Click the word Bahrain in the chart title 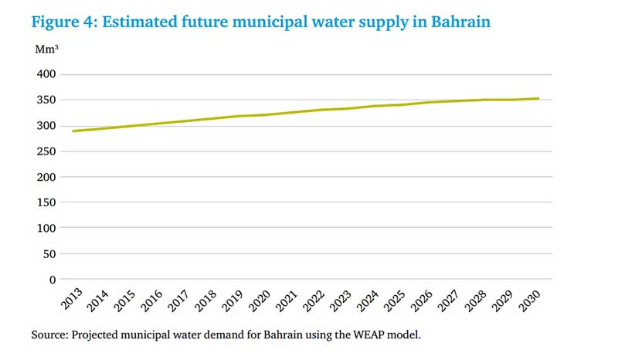tap(460, 21)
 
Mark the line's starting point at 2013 tap(73, 131)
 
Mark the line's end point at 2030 tap(538, 98)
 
